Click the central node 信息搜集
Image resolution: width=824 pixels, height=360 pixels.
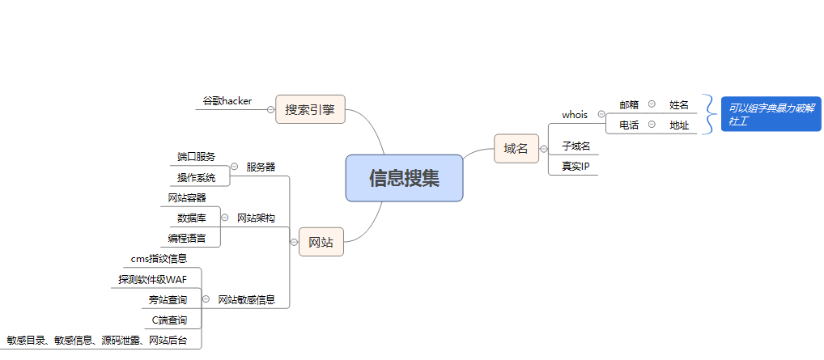404,178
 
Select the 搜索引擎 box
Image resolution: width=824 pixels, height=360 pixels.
310,109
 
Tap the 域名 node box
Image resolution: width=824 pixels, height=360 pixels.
516,148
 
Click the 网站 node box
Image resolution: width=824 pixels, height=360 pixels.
321,242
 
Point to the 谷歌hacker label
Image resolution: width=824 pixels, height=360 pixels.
227,101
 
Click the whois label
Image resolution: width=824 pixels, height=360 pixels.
575,115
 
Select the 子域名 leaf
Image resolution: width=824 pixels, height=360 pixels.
576,146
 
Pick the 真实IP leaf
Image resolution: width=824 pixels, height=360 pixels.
576,166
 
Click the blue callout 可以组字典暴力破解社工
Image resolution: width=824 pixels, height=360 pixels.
771,114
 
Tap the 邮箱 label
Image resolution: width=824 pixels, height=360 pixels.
629,104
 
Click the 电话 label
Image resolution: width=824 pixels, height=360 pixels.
629,125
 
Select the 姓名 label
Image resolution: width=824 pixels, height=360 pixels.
679,104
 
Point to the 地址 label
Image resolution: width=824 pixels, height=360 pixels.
679,125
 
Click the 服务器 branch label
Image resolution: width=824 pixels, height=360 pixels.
261,167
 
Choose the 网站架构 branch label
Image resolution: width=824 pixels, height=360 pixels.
256,218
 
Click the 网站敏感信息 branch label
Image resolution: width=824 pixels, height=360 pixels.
252,299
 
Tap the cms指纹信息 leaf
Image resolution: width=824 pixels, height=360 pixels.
159,259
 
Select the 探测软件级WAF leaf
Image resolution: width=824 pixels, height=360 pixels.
152,279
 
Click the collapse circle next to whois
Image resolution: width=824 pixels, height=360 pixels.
601,114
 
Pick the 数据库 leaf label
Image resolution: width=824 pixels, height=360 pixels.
192,218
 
